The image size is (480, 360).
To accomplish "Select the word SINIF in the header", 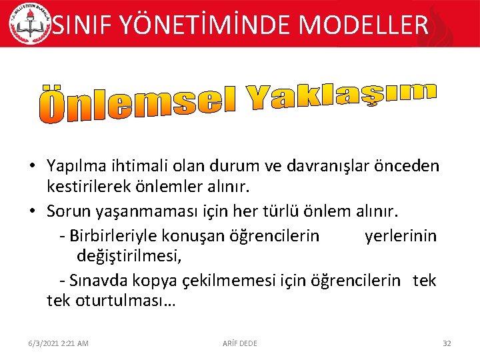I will [80, 25].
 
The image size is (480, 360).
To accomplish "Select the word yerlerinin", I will [401, 235].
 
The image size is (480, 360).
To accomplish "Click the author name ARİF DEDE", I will [239, 343].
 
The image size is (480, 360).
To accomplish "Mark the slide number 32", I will [447, 343].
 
